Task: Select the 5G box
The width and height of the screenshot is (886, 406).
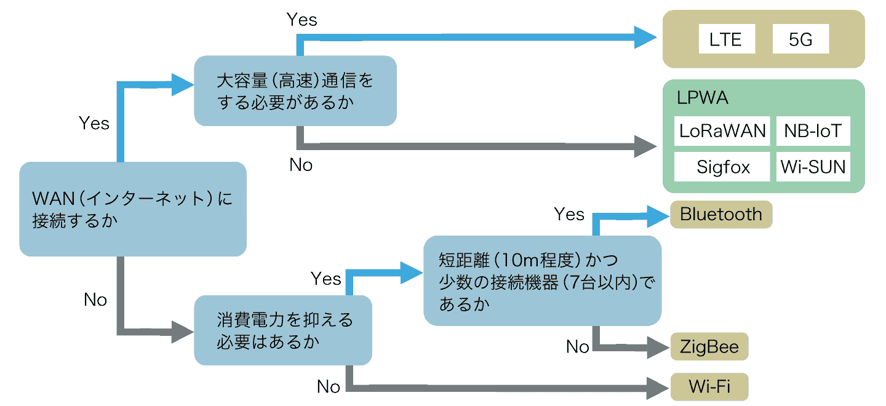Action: click(800, 39)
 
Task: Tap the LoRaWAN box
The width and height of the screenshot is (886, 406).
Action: click(722, 130)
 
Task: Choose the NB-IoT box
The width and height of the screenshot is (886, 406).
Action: click(813, 130)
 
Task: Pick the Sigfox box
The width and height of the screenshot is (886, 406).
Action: click(722, 166)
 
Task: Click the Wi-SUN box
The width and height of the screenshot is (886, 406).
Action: click(813, 166)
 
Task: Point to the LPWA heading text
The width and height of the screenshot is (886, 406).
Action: click(702, 98)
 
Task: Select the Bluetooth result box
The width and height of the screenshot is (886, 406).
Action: click(720, 214)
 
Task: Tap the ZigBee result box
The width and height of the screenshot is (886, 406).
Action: click(709, 346)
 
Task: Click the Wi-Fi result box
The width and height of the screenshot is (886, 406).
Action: click(709, 386)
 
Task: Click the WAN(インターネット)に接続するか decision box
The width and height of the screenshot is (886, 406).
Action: click(132, 209)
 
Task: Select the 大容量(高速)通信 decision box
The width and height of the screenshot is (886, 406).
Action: click(295, 91)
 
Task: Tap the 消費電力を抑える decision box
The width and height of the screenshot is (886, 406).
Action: click(282, 330)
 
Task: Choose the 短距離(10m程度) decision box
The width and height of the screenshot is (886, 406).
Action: click(542, 281)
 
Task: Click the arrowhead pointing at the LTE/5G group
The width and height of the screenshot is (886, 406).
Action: click(646, 38)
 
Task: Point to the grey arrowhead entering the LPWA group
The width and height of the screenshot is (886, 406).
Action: click(646, 148)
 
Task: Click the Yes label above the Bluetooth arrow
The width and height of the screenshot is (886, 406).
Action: click(569, 214)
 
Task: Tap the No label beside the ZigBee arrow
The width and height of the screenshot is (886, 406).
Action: click(577, 347)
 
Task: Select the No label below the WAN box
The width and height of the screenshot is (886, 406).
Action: click(95, 300)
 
